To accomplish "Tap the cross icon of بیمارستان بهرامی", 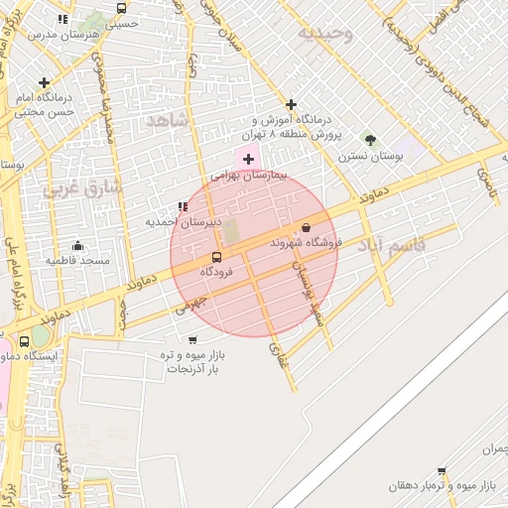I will pos(248,159).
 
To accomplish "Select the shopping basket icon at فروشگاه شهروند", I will pos(306,227).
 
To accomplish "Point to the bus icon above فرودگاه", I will pos(216,257).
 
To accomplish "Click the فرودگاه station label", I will pos(216,271).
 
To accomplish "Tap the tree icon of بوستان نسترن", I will pos(370,140).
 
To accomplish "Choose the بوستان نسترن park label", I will pos(366,156).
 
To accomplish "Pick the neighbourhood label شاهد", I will pos(167,120).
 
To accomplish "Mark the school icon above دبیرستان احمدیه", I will pos(182,207).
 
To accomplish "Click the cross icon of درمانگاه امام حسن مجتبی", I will pos(43,83).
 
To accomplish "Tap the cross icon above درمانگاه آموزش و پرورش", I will pos(291,104).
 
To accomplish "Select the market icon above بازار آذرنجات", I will pos(191,340).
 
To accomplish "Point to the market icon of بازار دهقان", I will pos(442,471).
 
